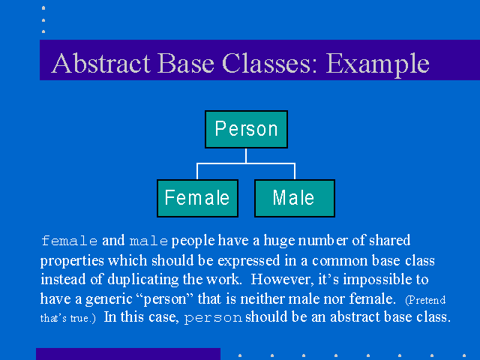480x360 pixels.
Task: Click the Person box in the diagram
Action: tap(246, 129)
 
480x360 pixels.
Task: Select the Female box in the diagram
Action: tap(197, 198)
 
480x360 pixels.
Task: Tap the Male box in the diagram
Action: tap(295, 198)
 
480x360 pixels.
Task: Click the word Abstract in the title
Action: tap(101, 63)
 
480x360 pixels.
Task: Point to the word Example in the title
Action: tap(377, 65)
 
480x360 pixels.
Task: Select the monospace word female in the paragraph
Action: tap(70, 241)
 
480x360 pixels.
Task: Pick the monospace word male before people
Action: tap(148, 241)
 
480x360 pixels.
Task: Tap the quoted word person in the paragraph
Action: tap(165, 299)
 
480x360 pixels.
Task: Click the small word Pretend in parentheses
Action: tap(425, 300)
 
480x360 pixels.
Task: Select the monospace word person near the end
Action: tap(213, 318)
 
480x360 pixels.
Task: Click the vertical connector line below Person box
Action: tap(246, 156)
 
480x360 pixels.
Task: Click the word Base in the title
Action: tap(186, 63)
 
